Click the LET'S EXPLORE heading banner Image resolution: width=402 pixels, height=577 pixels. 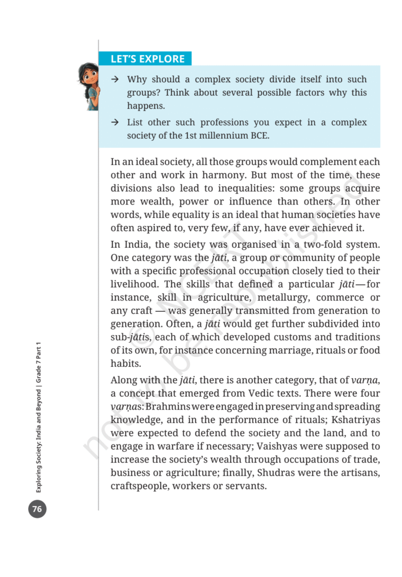148,59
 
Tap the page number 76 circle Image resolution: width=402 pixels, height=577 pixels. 37,509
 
